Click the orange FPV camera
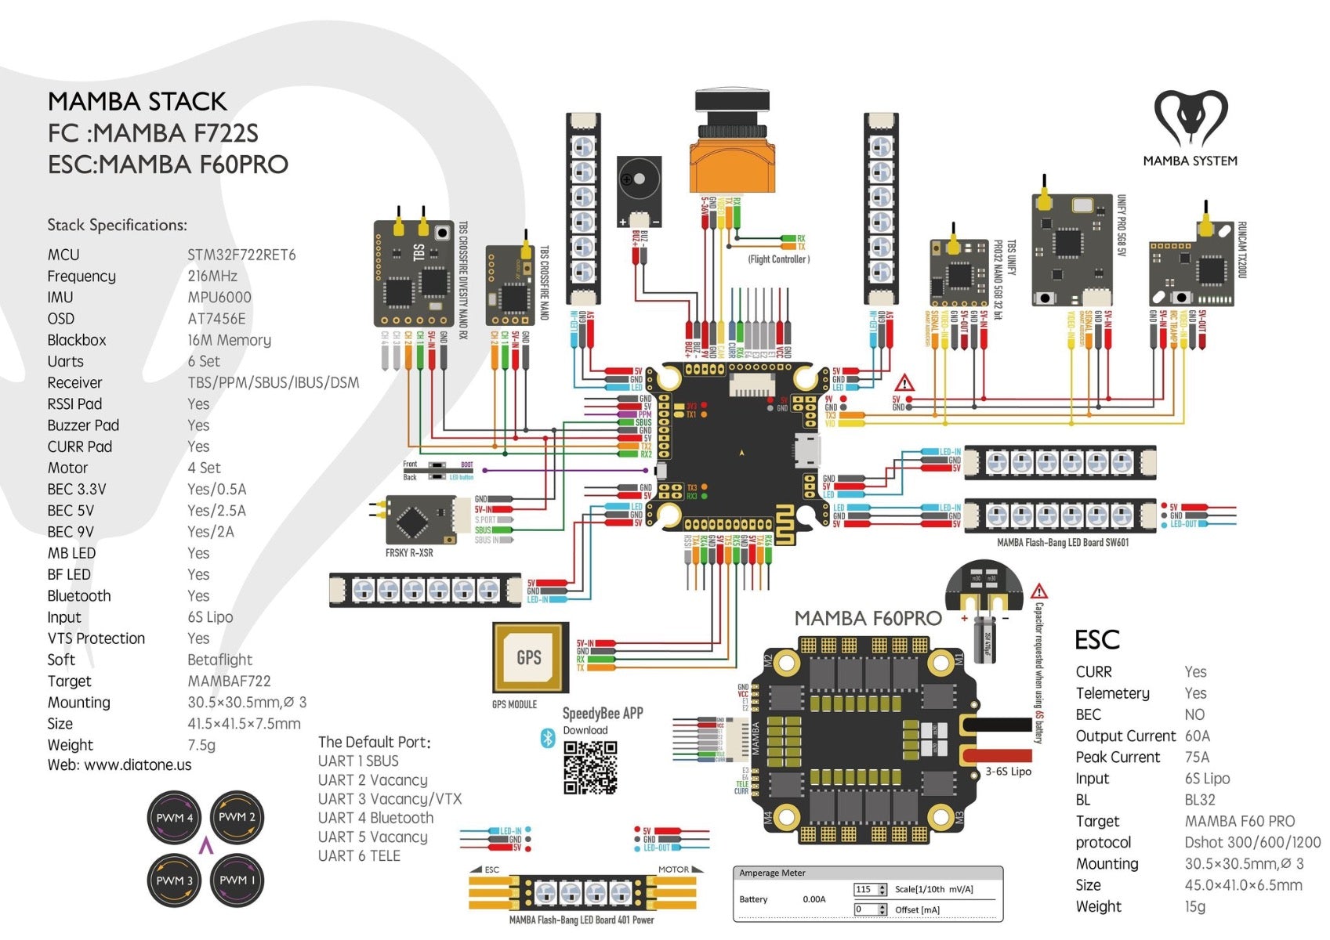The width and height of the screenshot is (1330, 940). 733,161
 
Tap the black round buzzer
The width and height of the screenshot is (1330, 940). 639,188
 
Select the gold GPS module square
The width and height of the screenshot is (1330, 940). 530,657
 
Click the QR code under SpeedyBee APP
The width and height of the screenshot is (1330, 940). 590,767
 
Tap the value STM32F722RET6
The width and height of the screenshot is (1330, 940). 241,255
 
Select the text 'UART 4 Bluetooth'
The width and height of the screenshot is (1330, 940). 375,818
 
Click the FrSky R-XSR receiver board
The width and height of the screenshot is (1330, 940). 420,519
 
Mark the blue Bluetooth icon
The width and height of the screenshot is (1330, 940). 548,737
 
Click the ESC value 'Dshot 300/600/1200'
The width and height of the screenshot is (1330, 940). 1252,842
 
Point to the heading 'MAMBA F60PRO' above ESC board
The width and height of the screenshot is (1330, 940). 868,618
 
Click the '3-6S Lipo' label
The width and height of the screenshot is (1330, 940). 1008,772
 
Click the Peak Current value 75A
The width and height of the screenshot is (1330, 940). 1197,757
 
